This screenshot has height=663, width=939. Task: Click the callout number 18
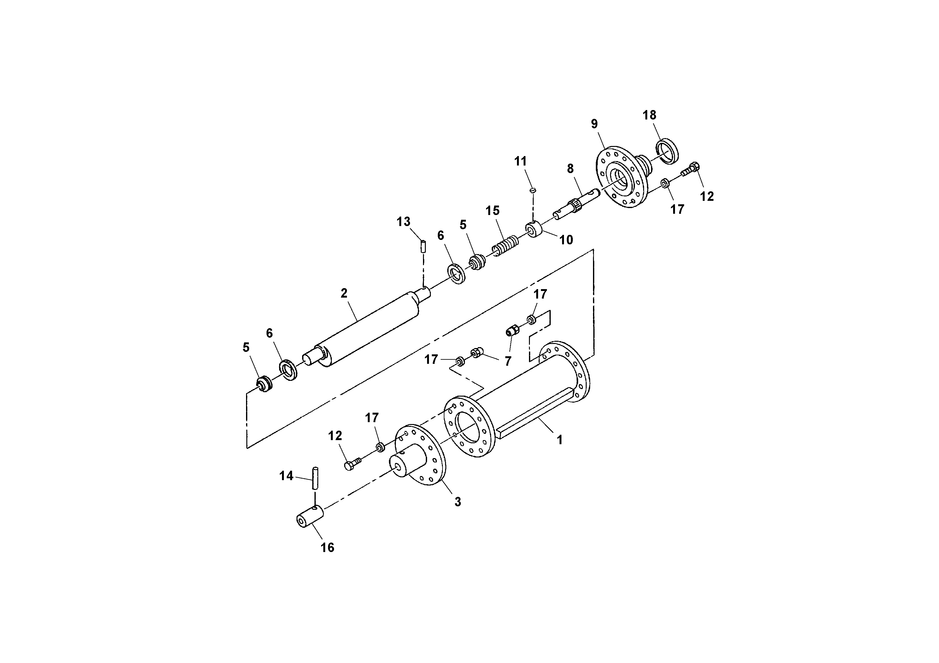pyautogui.click(x=649, y=115)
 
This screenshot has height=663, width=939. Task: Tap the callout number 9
pyautogui.click(x=594, y=124)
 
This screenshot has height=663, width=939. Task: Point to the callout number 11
pyautogui.click(x=521, y=161)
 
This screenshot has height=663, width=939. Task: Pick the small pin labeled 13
pyautogui.click(x=423, y=247)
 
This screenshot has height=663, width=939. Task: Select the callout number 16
pyautogui.click(x=327, y=547)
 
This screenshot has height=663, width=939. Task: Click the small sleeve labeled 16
pyautogui.click(x=310, y=517)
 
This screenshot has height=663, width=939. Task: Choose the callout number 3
pyautogui.click(x=458, y=502)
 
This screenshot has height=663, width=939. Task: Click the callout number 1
pyautogui.click(x=560, y=440)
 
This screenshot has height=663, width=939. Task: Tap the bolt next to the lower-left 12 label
pyautogui.click(x=353, y=464)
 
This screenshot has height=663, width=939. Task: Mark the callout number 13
pyautogui.click(x=403, y=222)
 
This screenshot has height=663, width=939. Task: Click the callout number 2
pyautogui.click(x=344, y=293)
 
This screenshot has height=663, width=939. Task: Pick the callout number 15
pyautogui.click(x=492, y=211)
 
